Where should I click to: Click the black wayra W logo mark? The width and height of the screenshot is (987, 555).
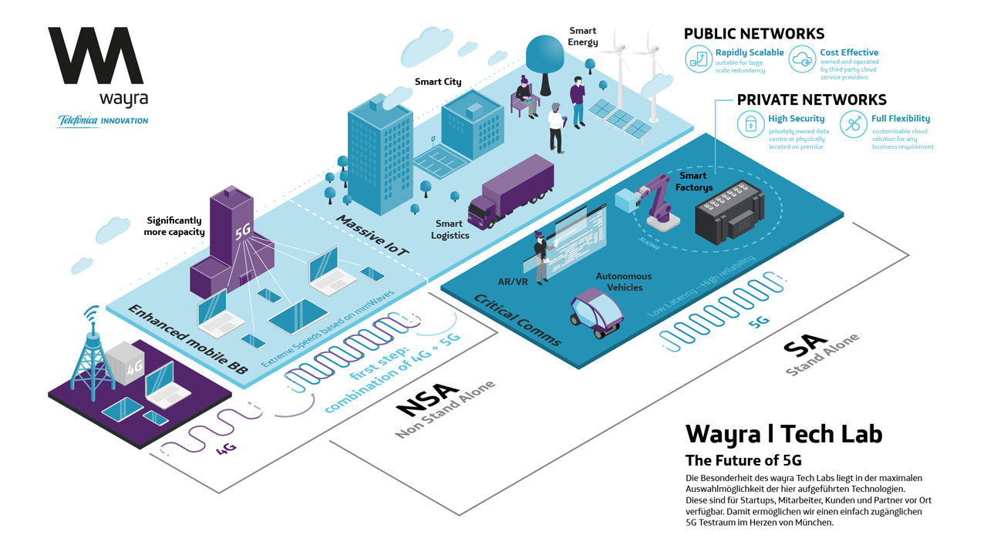click(96, 55)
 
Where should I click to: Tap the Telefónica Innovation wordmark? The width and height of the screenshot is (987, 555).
click(103, 121)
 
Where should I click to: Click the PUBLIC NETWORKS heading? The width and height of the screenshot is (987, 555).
click(753, 34)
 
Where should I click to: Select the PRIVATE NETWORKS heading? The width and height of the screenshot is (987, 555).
click(811, 100)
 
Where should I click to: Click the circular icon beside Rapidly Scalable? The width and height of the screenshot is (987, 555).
click(699, 59)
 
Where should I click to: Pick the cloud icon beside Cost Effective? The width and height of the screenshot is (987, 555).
click(803, 59)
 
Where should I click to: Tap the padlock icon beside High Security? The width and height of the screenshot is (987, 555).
click(750, 124)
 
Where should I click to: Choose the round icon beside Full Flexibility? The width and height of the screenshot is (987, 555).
click(853, 124)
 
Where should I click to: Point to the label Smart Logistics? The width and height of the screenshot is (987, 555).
click(450, 230)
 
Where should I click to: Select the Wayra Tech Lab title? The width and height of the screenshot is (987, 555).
click(783, 433)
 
